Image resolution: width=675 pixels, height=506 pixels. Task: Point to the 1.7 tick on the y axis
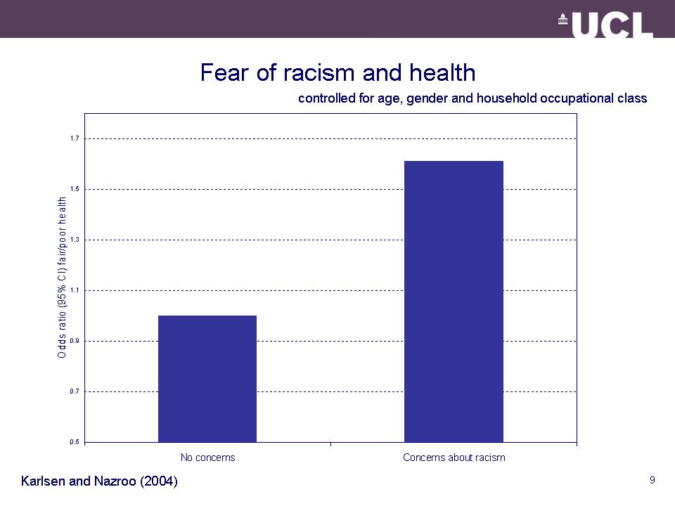click(74, 138)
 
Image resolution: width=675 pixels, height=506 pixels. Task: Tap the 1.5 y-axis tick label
click(74, 189)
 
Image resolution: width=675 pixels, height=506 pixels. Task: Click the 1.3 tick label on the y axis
click(74, 240)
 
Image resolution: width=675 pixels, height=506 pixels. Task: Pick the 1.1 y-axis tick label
click(74, 290)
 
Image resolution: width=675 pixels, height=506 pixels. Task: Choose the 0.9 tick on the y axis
click(74, 341)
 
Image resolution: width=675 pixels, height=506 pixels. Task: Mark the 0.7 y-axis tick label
click(74, 391)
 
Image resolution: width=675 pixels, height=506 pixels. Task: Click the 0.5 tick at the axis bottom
click(74, 442)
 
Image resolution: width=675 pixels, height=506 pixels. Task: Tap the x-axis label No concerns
click(207, 458)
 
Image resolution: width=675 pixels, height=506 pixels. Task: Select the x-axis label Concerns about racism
click(454, 458)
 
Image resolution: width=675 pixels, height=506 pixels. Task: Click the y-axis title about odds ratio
click(62, 277)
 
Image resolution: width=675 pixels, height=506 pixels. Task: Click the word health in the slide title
click(444, 73)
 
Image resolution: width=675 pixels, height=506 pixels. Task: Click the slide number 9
click(652, 480)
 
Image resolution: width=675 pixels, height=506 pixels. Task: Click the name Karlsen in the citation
click(44, 481)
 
